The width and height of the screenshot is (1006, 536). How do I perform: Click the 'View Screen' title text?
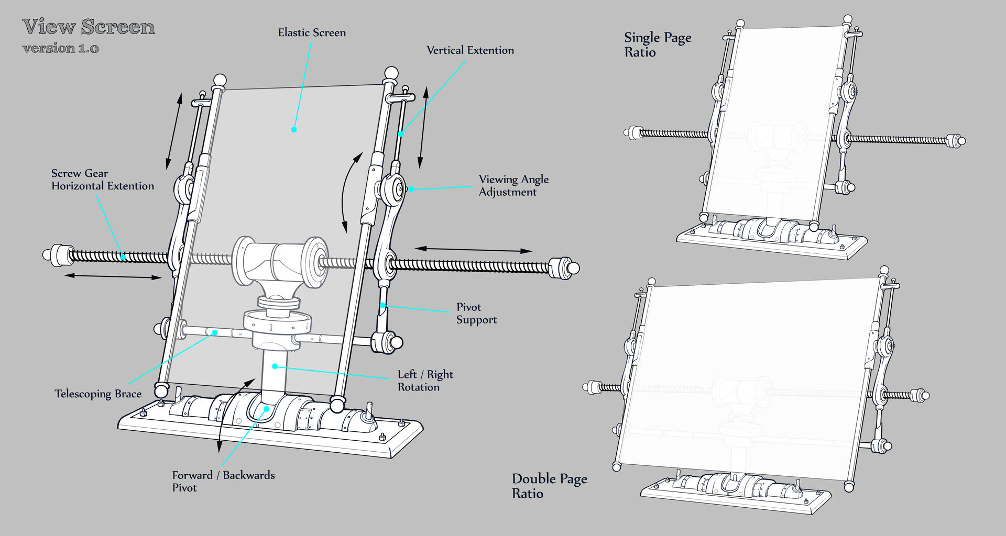point(89,27)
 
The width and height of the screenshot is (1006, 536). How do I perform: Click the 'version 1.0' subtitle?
point(60,48)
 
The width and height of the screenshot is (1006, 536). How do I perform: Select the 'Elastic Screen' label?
point(312,32)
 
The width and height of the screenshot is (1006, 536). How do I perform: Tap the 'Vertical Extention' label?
point(470,50)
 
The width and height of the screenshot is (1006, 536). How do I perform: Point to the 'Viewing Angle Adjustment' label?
point(513,185)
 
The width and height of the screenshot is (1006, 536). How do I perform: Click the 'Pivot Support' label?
point(476,313)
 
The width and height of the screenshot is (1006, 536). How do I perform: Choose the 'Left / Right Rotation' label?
point(425,381)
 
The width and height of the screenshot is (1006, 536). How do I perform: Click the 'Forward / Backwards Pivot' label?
point(223,481)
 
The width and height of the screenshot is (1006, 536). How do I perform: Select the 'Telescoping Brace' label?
point(98,394)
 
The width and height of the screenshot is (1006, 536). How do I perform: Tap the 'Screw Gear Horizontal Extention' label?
point(102,180)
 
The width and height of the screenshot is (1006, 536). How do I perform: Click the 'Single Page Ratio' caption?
point(657,44)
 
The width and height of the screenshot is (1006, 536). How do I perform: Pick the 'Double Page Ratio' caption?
point(549,486)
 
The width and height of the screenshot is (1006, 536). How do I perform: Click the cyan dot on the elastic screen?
point(294,129)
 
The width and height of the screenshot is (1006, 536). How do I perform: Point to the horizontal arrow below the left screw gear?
point(113,276)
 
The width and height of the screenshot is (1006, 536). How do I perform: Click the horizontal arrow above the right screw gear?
point(473,250)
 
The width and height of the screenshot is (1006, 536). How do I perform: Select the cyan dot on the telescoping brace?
point(214,332)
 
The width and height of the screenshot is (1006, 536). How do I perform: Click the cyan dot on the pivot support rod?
point(383,305)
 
